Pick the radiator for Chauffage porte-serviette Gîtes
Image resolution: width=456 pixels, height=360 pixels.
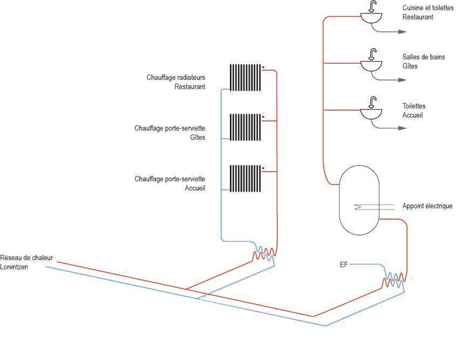click(x=246, y=127)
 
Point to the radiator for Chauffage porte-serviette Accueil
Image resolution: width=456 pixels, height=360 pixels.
click(x=246, y=178)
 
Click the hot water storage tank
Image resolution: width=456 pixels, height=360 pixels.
click(x=359, y=200)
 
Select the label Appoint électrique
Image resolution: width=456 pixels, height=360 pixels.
click(x=427, y=206)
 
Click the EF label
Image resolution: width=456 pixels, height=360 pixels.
click(x=344, y=264)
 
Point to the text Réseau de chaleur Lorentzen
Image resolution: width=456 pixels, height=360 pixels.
click(x=27, y=262)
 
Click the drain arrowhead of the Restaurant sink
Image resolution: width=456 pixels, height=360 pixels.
click(x=402, y=32)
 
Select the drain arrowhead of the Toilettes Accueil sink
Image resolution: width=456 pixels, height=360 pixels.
click(x=402, y=128)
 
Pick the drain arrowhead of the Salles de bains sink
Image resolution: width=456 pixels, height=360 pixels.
click(x=402, y=80)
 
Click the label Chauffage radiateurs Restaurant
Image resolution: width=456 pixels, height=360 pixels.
click(x=176, y=81)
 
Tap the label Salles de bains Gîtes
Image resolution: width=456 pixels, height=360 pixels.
click(x=424, y=62)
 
